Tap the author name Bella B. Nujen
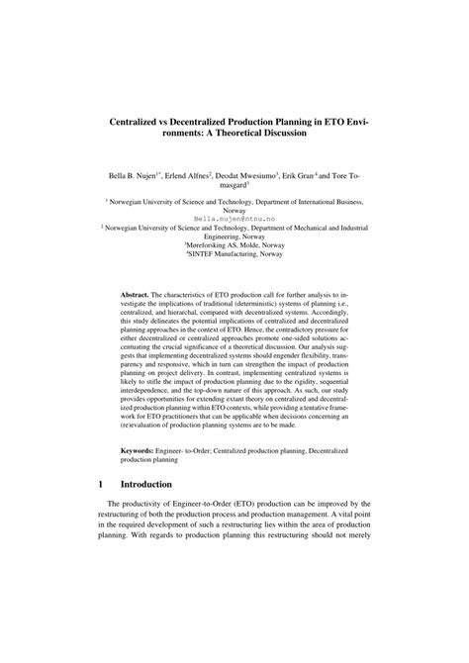click(x=127, y=169)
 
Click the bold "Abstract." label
click(x=135, y=295)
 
